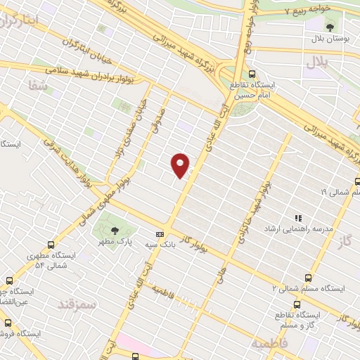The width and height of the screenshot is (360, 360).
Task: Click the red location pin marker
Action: coord(181,165)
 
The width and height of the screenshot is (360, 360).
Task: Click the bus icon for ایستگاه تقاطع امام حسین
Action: coord(252,74)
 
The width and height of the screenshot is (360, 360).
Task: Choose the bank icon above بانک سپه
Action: coord(160,233)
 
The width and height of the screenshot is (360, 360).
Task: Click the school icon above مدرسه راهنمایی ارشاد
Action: coord(298,218)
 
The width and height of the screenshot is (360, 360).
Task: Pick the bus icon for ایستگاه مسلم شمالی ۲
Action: coord(309,278)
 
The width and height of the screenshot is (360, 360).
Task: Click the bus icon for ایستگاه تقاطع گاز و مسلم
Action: coord(297,304)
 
